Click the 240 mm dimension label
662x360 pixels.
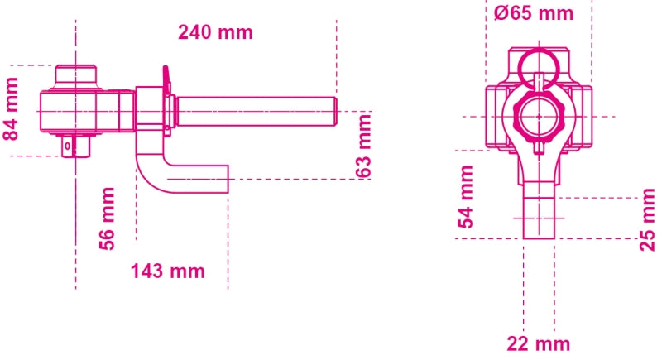tap(215, 33)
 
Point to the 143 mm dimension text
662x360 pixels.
tap(167, 271)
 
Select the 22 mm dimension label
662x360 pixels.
tap(538, 343)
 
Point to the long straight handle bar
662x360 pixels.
tap(257, 109)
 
